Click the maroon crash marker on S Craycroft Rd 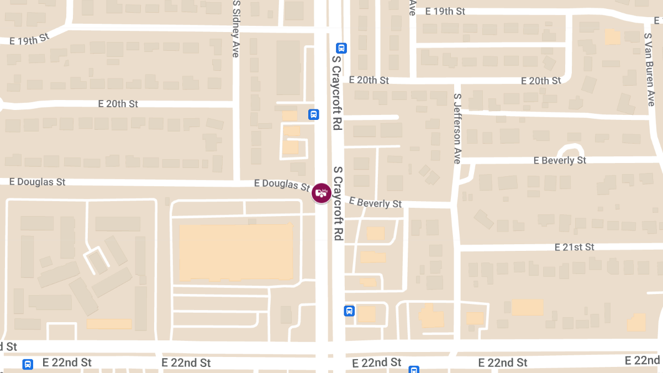(x=321, y=193)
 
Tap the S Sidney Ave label (x=236, y=29)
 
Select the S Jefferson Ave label (x=457, y=128)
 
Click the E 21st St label (x=575, y=247)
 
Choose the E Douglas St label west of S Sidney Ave (x=38, y=182)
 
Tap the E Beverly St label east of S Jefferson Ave (x=560, y=160)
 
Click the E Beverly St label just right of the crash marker (x=375, y=203)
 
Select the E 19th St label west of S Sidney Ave (x=30, y=39)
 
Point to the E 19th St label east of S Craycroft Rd (x=445, y=11)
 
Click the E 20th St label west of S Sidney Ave (x=118, y=103)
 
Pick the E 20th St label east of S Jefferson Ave (x=541, y=81)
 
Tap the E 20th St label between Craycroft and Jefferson (x=369, y=80)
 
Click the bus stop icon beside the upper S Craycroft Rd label (x=341, y=48)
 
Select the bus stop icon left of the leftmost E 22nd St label (x=27, y=364)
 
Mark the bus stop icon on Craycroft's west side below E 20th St (x=313, y=114)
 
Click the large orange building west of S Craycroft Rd (x=236, y=253)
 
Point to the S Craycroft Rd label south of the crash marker (x=338, y=203)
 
